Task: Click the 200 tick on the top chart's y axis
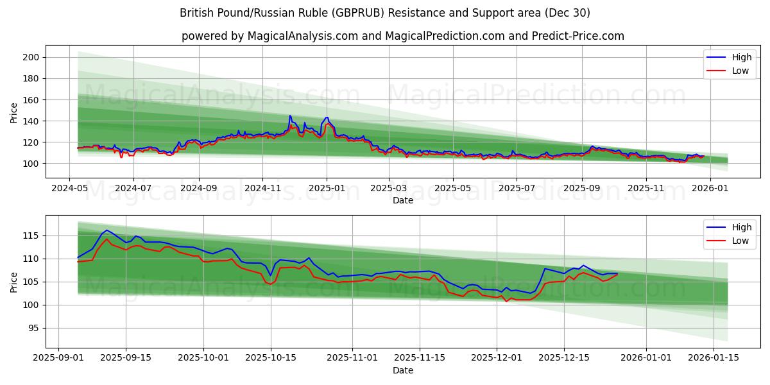32,57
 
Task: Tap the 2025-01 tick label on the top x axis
326,189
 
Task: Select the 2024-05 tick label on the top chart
70,189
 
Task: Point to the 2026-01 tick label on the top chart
709,189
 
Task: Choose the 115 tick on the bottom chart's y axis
32,235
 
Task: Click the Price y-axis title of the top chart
14,113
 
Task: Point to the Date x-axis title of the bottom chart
403,370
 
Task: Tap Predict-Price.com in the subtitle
576,36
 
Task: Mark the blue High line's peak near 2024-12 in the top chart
290,116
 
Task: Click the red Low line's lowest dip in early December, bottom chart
506,301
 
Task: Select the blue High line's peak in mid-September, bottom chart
106,230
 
